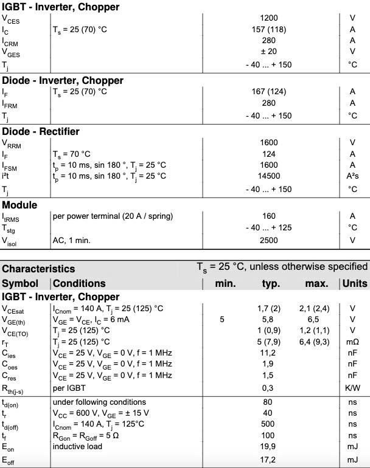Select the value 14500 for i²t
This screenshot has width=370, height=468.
(x=268, y=176)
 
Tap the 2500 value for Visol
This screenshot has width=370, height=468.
(x=268, y=241)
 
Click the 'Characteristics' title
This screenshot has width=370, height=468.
(x=38, y=269)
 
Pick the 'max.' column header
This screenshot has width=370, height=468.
(x=316, y=284)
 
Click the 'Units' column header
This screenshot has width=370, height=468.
(x=355, y=284)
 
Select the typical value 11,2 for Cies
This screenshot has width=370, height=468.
(x=268, y=351)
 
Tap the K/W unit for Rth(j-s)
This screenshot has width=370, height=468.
(x=352, y=388)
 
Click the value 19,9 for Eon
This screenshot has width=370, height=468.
(x=268, y=447)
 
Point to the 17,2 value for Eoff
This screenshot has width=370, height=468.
(x=268, y=459)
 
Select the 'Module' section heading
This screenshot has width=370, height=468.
(x=19, y=205)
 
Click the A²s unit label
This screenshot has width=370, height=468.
(x=352, y=176)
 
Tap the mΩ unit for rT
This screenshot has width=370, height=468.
(x=352, y=340)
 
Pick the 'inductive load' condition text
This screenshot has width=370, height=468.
(x=80, y=447)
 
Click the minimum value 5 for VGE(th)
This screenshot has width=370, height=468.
(x=222, y=318)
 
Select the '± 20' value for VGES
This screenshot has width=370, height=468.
(x=268, y=51)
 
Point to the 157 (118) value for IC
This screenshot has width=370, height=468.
(x=268, y=29)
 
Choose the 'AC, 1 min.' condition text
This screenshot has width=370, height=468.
(x=72, y=241)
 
